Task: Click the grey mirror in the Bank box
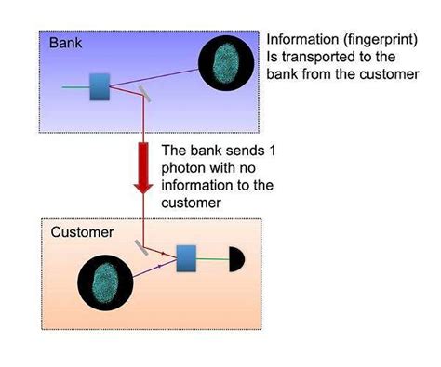(143, 92)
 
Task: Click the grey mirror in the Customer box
(143, 248)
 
